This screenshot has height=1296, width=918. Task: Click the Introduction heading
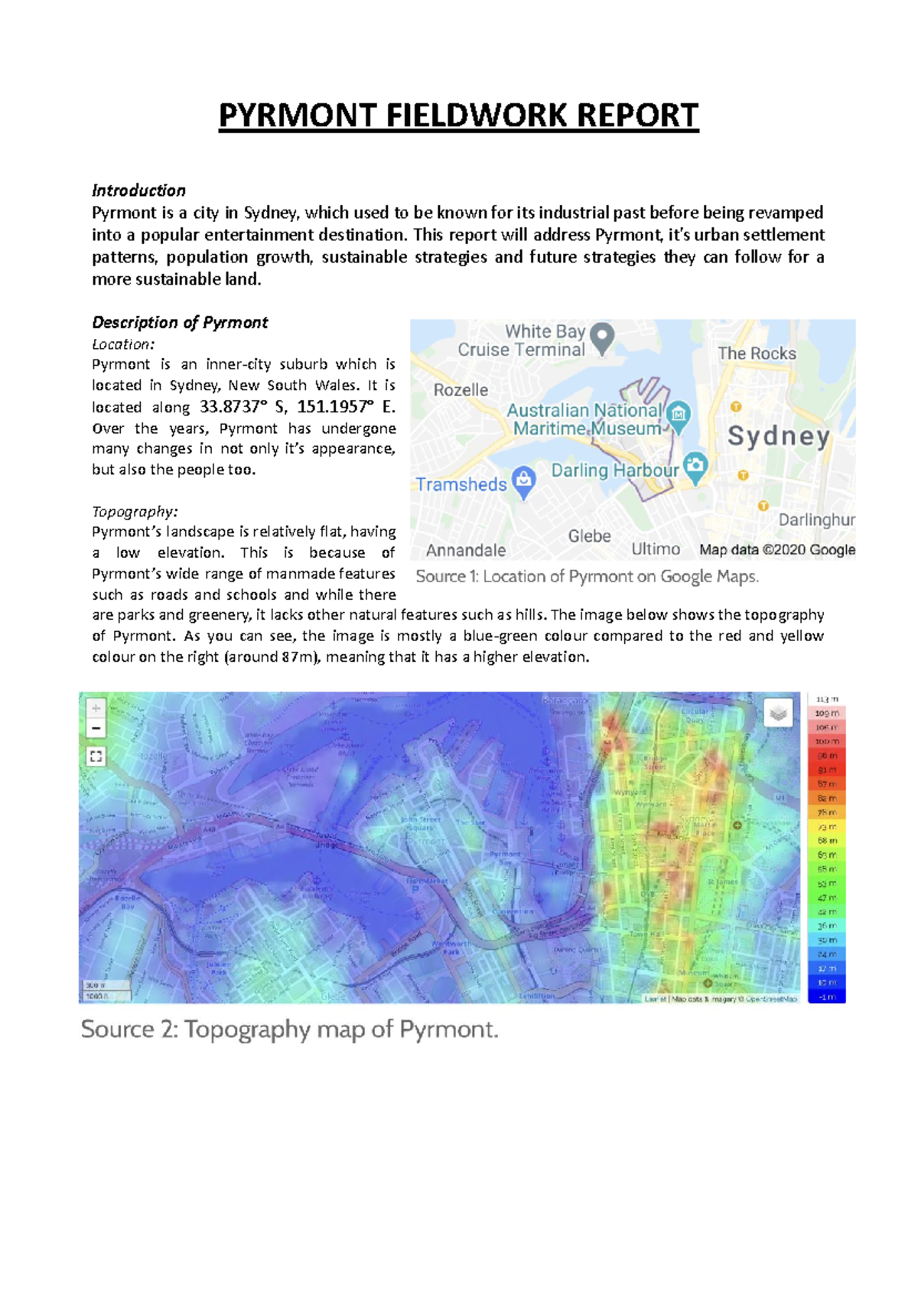(x=138, y=190)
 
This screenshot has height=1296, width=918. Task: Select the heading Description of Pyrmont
(x=180, y=322)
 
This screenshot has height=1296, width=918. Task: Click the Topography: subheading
(x=135, y=511)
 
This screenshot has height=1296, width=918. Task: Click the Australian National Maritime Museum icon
(x=679, y=415)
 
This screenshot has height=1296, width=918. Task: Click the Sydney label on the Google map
(x=778, y=436)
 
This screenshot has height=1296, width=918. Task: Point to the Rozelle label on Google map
(x=461, y=390)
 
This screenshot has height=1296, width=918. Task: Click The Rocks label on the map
(x=757, y=353)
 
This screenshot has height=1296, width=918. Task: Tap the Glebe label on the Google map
(x=589, y=536)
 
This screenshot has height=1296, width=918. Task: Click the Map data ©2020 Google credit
(x=776, y=549)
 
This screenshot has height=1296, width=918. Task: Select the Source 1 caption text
(x=587, y=577)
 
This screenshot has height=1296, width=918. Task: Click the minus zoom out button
(x=96, y=728)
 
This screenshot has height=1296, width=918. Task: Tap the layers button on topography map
(x=778, y=713)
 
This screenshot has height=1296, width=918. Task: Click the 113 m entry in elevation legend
(x=827, y=699)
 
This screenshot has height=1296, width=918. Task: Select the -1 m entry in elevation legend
(x=827, y=997)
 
